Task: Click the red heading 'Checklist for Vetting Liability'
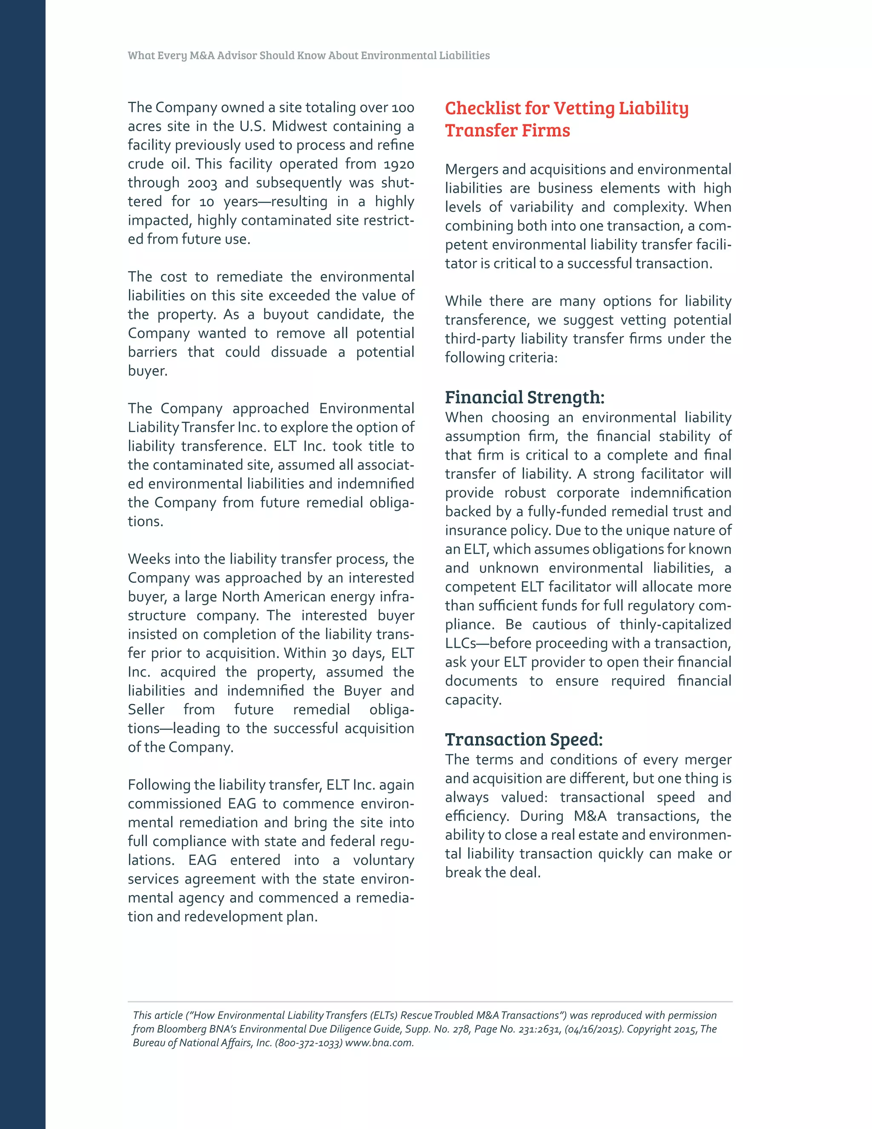click(566, 109)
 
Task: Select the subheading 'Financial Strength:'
click(524, 397)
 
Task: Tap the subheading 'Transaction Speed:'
click(523, 739)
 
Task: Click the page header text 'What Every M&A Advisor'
click(192, 56)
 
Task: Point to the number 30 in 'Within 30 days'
click(338, 654)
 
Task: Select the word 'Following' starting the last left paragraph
click(159, 785)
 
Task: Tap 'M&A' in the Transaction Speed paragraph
click(589, 816)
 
